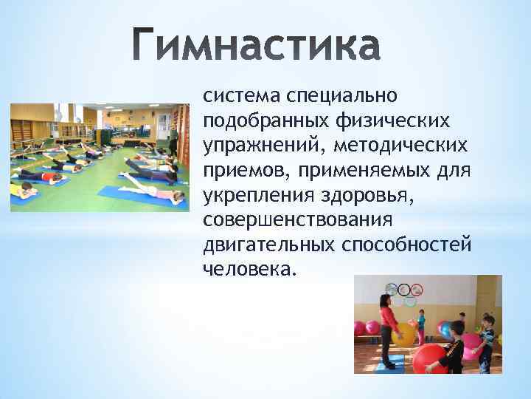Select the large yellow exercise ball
(405, 335)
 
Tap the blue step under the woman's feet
(389, 363)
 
